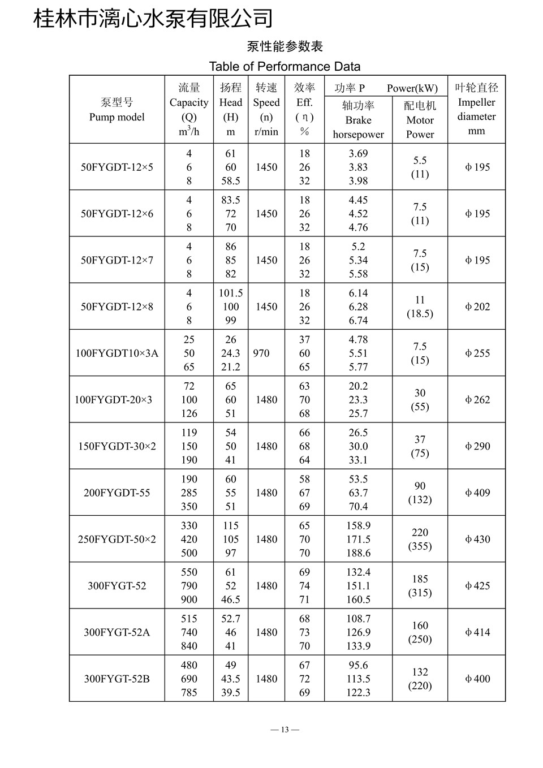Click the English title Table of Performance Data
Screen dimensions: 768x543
[x=285, y=67]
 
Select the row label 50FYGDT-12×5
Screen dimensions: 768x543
[x=117, y=167]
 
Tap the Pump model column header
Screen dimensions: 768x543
[x=117, y=110]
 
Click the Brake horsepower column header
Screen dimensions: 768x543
[x=358, y=120]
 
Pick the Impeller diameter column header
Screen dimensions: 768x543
[x=477, y=109]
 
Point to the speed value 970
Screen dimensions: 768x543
[x=261, y=353]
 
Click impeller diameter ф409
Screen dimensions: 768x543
[x=477, y=493]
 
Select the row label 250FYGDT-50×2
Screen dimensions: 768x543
[x=117, y=540]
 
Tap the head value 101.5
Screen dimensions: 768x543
[x=231, y=293]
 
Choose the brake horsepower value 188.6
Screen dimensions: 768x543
[x=358, y=553]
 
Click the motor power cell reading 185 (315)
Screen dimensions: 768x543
[x=420, y=586]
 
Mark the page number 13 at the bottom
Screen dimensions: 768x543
[x=285, y=730]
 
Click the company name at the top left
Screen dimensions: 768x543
[x=153, y=18]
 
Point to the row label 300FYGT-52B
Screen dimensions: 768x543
[x=117, y=679]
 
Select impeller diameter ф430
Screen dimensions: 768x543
[x=477, y=540]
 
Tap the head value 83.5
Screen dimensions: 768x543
[x=231, y=200]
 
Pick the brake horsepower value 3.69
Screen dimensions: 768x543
[x=358, y=154]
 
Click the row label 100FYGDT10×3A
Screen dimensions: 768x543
[x=117, y=353]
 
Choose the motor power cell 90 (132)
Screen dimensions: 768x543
[x=420, y=493]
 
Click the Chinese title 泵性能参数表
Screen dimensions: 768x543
[x=285, y=46]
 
